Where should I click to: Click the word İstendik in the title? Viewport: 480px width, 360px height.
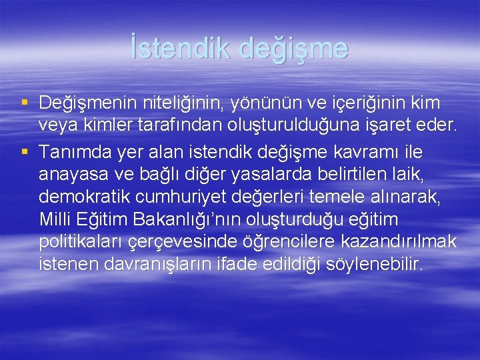click(x=177, y=49)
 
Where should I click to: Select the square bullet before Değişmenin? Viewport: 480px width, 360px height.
click(x=25, y=103)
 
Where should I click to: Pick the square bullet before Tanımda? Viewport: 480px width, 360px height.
click(x=25, y=152)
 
